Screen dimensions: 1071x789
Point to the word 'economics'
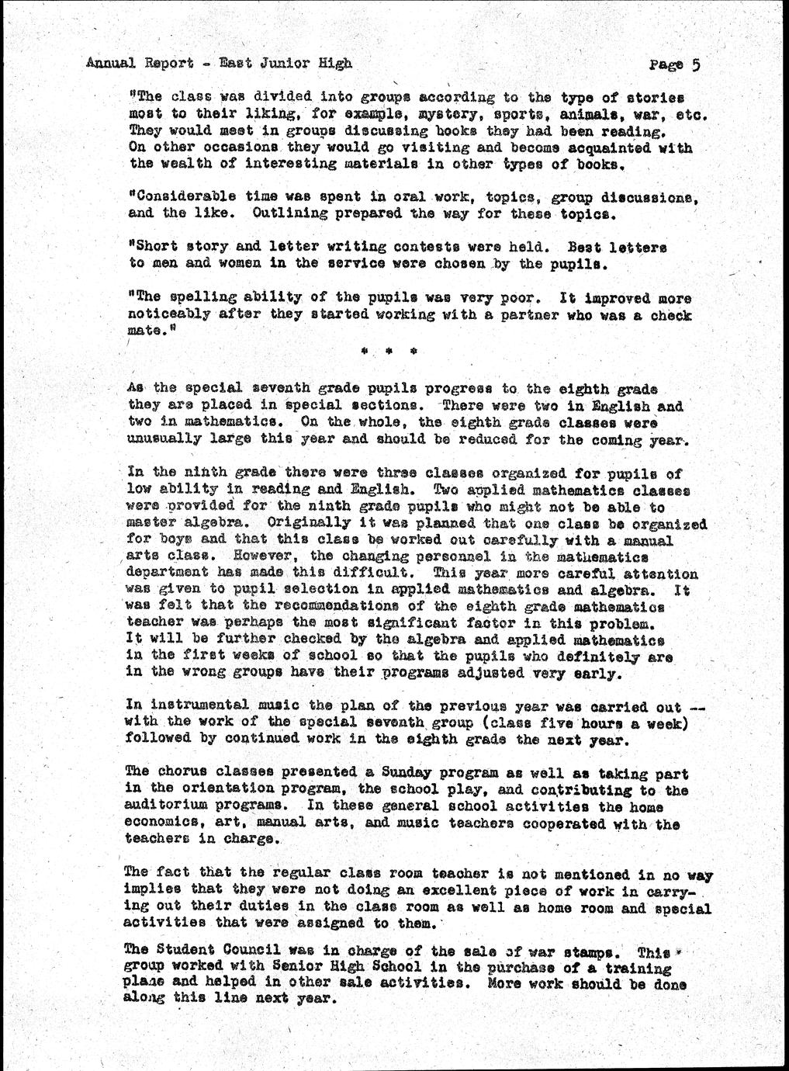(159, 824)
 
